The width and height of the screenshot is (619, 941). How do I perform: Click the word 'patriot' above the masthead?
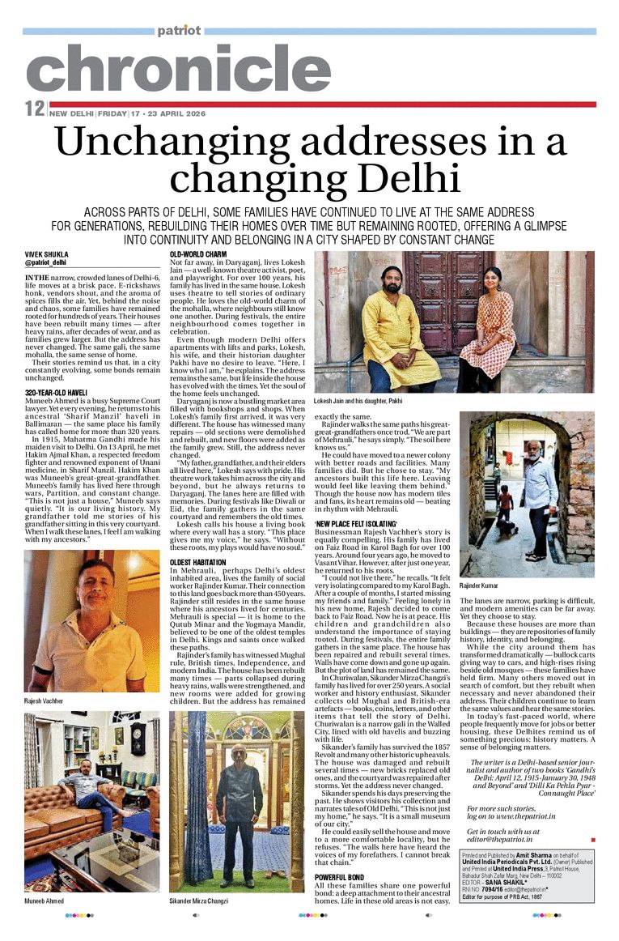pos(179,31)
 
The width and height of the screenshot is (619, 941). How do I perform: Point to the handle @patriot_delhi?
pos(45,263)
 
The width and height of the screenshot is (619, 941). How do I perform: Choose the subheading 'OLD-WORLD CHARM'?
pos(198,255)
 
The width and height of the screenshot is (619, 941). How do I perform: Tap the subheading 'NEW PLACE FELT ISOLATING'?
pos(355,525)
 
